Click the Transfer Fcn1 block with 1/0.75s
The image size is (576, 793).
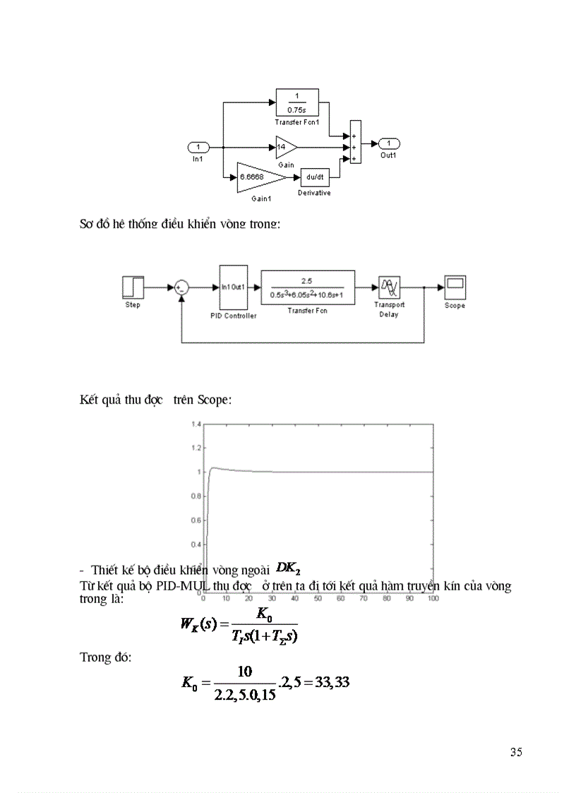[x=296, y=102]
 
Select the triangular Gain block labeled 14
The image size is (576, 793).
[x=284, y=148]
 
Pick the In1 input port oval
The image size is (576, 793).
[x=199, y=148]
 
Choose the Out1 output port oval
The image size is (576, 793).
[x=390, y=143]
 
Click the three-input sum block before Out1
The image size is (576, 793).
[x=355, y=142]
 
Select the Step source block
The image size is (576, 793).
[x=133, y=287]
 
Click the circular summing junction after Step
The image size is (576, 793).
[x=181, y=287]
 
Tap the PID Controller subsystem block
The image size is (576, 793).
[x=233, y=287]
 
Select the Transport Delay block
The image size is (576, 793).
[x=389, y=287]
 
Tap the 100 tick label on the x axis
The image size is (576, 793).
[x=433, y=597]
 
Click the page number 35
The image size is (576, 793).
[x=516, y=752]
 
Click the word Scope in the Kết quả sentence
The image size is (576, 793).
[x=212, y=400]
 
